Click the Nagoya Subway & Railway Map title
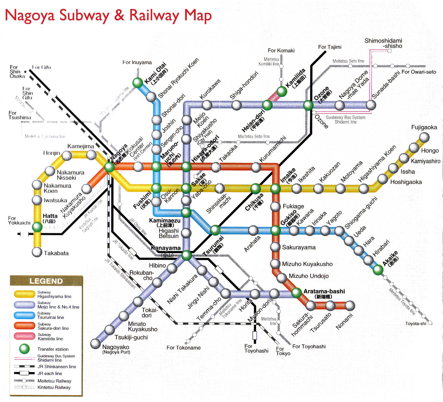pos(108,16)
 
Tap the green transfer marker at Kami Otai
pos(138,83)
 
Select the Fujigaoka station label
pos(424,127)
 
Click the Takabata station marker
pos(37,252)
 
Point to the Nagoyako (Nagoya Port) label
pos(116,349)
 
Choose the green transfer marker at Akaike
pos(378,270)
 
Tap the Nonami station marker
pos(350,306)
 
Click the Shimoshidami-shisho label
pos(383,43)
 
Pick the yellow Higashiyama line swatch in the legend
pos(24,294)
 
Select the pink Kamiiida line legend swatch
pos(24,336)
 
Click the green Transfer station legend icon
pos(24,349)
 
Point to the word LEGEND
pos(46,281)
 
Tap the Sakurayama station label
pos(299,247)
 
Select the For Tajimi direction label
pos(329,47)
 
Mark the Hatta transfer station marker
pos(37,227)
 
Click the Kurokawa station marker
pos(207,105)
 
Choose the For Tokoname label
pos(184,348)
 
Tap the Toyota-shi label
pos(416,324)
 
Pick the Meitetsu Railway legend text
pos(54,381)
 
